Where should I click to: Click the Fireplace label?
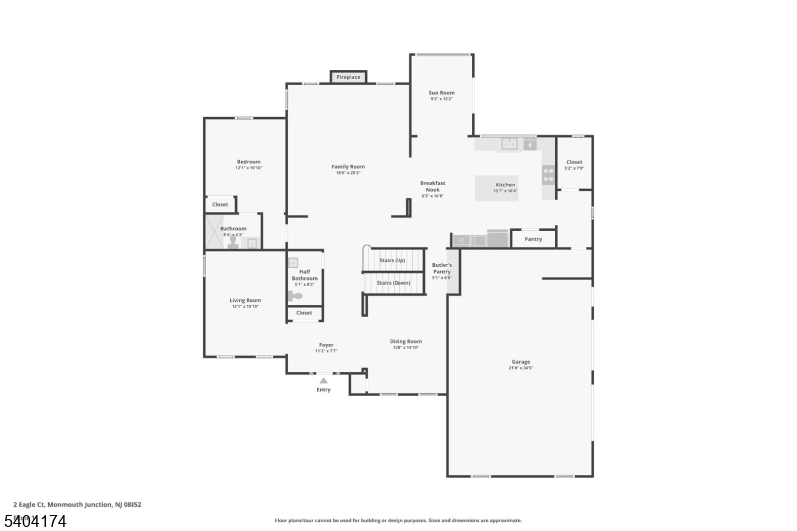tap(348, 77)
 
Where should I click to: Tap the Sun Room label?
tap(441, 93)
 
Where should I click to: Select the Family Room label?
tap(348, 167)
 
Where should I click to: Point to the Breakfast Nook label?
tap(433, 186)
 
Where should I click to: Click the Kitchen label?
tap(506, 185)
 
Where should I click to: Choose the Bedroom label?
tap(248, 162)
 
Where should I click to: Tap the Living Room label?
tap(245, 300)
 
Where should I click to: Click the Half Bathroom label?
tap(304, 275)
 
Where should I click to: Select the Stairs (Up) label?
tap(393, 260)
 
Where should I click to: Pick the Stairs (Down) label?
tap(393, 283)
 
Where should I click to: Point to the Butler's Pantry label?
tap(442, 269)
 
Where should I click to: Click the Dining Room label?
tap(405, 341)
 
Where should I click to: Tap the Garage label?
tap(521, 362)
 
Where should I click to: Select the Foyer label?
tap(326, 345)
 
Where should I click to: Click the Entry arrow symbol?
tap(323, 379)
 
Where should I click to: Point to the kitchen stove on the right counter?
tap(548, 174)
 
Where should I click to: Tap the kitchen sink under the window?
tap(509, 144)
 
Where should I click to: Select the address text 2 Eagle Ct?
tap(31, 504)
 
